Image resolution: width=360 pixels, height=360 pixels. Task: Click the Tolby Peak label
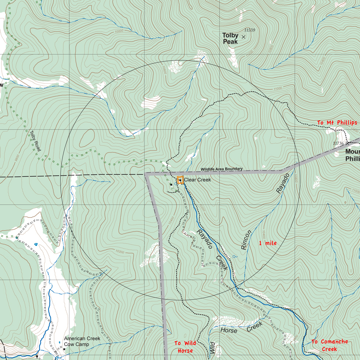[x=230, y=38]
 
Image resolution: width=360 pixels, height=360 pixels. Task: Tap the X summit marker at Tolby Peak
[x=243, y=37]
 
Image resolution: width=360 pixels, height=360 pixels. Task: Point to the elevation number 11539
[x=249, y=30]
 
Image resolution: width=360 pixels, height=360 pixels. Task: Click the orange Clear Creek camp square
[x=180, y=180]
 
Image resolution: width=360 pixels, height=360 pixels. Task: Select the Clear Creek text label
[x=197, y=180]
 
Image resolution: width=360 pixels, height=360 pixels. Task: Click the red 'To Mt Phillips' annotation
[x=337, y=123]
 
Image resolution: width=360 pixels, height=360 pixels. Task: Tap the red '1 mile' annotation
[x=267, y=243]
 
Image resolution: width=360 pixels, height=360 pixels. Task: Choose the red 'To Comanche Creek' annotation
[x=330, y=345]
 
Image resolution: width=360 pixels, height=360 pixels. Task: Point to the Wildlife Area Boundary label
[x=222, y=169]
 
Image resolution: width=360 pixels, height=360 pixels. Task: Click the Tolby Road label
[x=35, y=141]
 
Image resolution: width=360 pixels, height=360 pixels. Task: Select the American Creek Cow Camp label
[x=82, y=341]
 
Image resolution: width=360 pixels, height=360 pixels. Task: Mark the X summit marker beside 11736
[x=348, y=144]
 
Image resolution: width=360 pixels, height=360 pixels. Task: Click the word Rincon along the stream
[x=246, y=240]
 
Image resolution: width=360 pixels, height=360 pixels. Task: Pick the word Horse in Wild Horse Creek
[x=228, y=331]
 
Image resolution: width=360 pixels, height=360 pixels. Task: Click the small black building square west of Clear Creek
[x=171, y=184]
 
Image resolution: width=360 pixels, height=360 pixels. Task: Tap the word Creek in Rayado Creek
[x=222, y=263]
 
